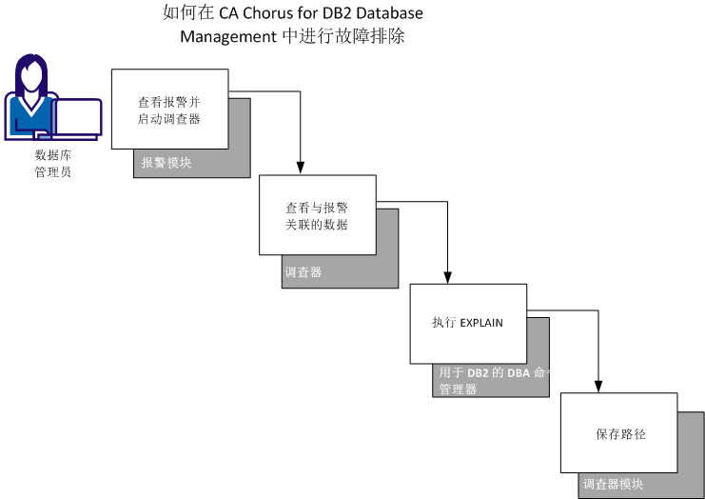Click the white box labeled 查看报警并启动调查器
[x=170, y=109]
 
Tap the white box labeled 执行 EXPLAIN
[x=467, y=324]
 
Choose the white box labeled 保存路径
[x=620, y=433]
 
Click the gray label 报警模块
[x=166, y=163]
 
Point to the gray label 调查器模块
[x=613, y=485]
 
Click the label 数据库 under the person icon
[x=53, y=155]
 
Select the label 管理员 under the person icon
[x=53, y=172]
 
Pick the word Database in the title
[x=388, y=14]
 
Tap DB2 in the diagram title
[x=335, y=14]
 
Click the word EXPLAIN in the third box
[x=481, y=324]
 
